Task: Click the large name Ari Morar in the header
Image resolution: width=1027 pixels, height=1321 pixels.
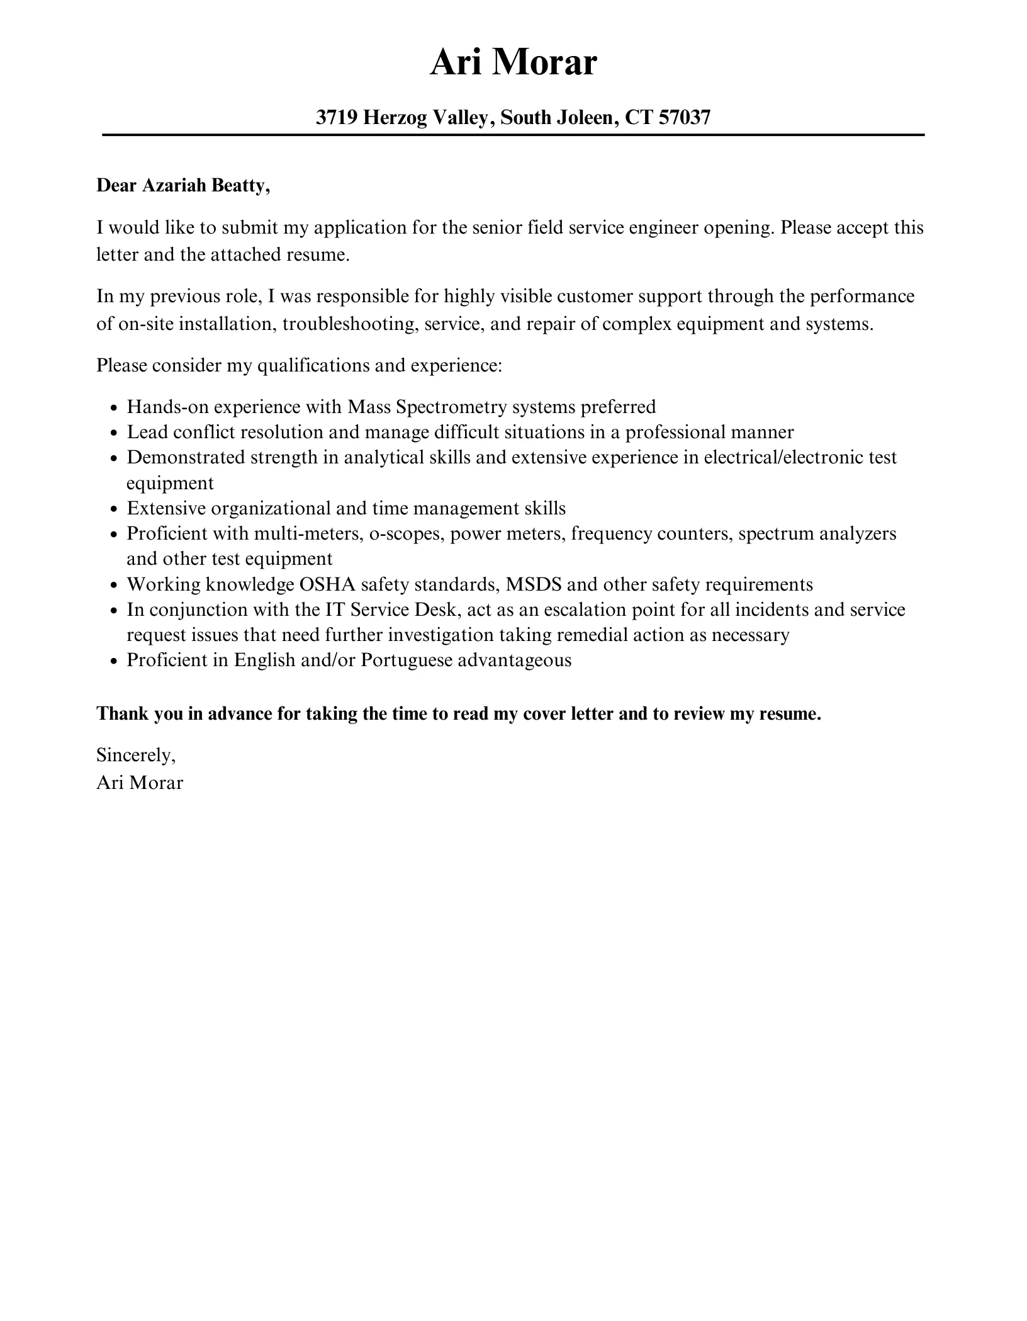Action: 513,63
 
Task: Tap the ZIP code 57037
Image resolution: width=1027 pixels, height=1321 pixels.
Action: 685,117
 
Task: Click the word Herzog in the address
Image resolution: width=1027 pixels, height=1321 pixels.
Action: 395,117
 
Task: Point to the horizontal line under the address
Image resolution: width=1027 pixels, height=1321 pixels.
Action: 513,135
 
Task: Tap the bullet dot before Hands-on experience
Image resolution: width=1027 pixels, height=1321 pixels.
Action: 114,408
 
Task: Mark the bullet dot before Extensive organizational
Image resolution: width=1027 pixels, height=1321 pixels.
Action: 114,509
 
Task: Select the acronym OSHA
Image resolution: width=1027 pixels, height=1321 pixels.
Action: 327,584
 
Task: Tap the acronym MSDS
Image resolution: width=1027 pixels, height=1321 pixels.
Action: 534,584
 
